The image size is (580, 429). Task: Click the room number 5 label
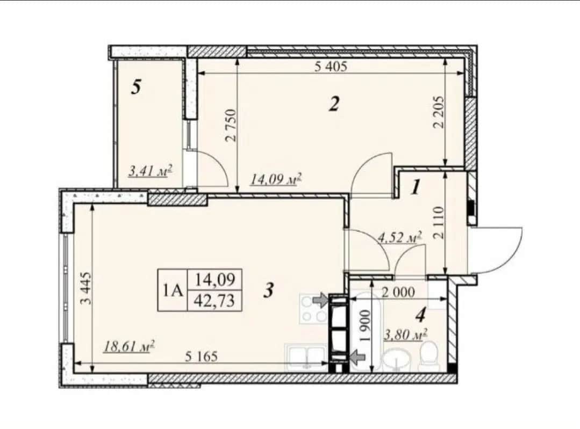coord(137,88)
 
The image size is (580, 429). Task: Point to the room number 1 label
coord(416,187)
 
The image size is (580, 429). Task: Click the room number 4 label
coord(420,315)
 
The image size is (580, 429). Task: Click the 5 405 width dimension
coord(331,67)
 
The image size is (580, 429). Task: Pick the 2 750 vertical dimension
coord(231,125)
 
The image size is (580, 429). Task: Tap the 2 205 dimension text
coord(438,112)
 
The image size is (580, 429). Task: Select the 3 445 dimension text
coord(86,288)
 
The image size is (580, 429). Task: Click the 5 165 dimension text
coord(201,357)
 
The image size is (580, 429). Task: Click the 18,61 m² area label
coord(129,347)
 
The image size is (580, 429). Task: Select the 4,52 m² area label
coord(400,237)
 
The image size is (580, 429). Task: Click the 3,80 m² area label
coord(406,335)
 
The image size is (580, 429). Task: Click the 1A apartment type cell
coord(173,290)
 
